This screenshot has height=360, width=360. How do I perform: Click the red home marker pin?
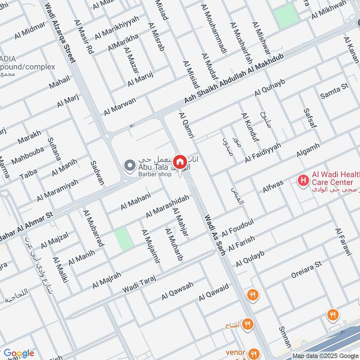pos(180,162)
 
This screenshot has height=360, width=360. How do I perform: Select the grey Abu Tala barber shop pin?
pos(130,166)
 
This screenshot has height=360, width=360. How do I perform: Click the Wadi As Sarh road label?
pos(215,235)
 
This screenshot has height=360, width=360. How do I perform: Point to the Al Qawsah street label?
pos(177,291)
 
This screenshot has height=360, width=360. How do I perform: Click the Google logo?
pos(18,353)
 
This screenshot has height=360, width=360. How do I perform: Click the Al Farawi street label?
pos(342,243)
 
